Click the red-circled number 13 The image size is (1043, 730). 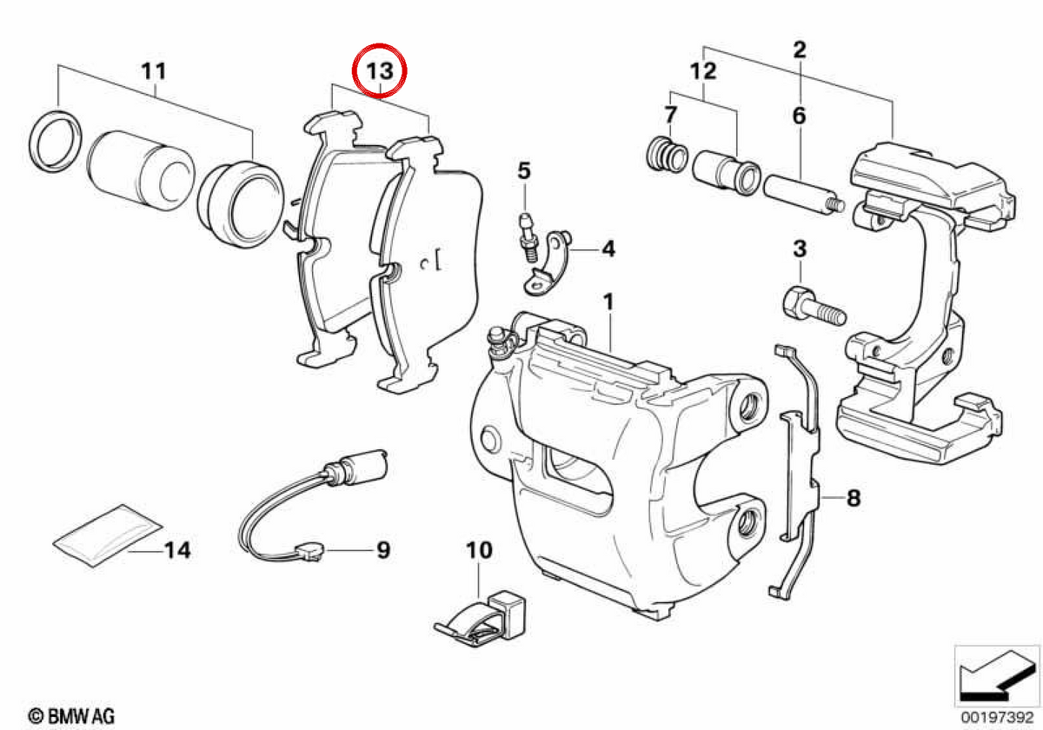click(380, 71)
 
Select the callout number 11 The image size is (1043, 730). click(154, 71)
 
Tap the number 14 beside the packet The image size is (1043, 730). click(177, 550)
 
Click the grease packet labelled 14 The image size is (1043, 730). click(107, 534)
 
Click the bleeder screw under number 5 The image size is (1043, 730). click(528, 236)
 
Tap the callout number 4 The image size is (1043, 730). click(608, 249)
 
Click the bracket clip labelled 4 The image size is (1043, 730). click(547, 263)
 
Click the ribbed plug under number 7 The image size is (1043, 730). click(667, 154)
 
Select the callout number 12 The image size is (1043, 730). click(702, 71)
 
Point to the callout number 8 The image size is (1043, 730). click(854, 498)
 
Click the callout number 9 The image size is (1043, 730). click(383, 550)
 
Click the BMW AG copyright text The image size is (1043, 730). click(71, 716)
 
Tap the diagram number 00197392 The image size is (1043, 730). click(998, 717)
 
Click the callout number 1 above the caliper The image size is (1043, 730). click(608, 302)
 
